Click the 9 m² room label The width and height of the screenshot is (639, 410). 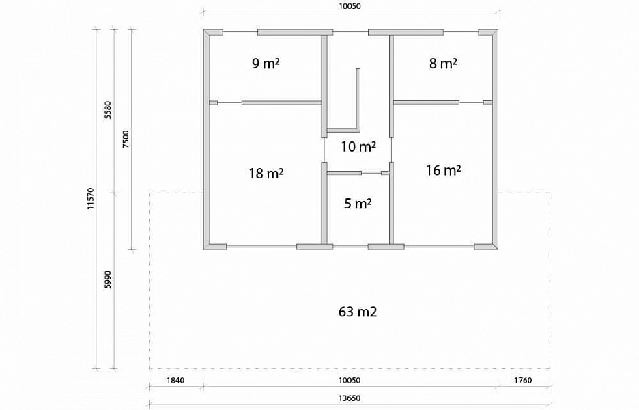pyautogui.click(x=266, y=64)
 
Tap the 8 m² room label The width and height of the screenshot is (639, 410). pyautogui.click(x=443, y=64)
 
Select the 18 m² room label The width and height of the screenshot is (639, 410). pyautogui.click(x=266, y=174)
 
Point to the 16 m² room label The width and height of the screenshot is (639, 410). pyautogui.click(x=443, y=170)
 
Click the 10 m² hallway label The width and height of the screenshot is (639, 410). pyautogui.click(x=358, y=146)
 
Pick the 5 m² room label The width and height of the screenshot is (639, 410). pyautogui.click(x=358, y=203)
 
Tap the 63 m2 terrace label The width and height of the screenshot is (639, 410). pyautogui.click(x=358, y=312)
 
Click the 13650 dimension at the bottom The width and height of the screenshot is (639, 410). pyautogui.click(x=350, y=398)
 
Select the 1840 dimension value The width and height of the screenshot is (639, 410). pyautogui.click(x=175, y=381)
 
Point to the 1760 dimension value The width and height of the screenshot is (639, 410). pyautogui.click(x=523, y=381)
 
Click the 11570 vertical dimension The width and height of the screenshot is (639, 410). pyautogui.click(x=91, y=199)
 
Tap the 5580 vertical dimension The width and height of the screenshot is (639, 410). pyautogui.click(x=108, y=110)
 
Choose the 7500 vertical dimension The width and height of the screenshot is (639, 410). pyautogui.click(x=126, y=139)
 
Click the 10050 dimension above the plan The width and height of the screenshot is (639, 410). pyautogui.click(x=350, y=6)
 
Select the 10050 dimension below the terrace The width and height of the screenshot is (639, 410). pyautogui.click(x=350, y=381)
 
